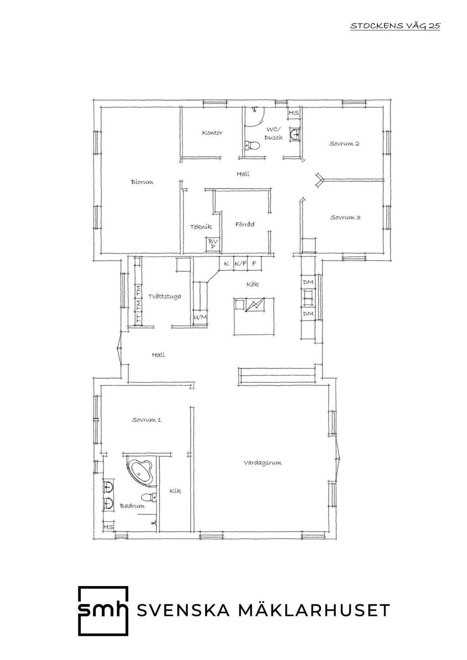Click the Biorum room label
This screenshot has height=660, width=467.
pyautogui.click(x=142, y=182)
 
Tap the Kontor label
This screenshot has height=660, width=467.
pyautogui.click(x=212, y=133)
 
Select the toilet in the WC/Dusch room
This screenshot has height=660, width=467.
pyautogui.click(x=252, y=146)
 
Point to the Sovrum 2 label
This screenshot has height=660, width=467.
pyautogui.click(x=344, y=144)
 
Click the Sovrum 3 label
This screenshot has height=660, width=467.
pyautogui.click(x=346, y=218)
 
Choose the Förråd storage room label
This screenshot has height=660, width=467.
pyautogui.click(x=245, y=224)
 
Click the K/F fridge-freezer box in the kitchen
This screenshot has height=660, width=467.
pyautogui.click(x=240, y=263)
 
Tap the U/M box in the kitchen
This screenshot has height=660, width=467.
pyautogui.click(x=200, y=317)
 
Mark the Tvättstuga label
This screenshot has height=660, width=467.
pyautogui.click(x=165, y=296)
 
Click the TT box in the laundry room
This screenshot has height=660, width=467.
pyautogui.click(x=138, y=318)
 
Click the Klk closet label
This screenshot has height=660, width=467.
pyautogui.click(x=175, y=491)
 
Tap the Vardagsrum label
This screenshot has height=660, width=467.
pyautogui.click(x=263, y=463)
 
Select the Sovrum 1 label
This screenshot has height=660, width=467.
pyautogui.click(x=147, y=420)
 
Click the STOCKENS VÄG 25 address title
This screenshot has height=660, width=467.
pyautogui.click(x=395, y=26)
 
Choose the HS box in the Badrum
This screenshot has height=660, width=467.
pyautogui.click(x=108, y=527)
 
